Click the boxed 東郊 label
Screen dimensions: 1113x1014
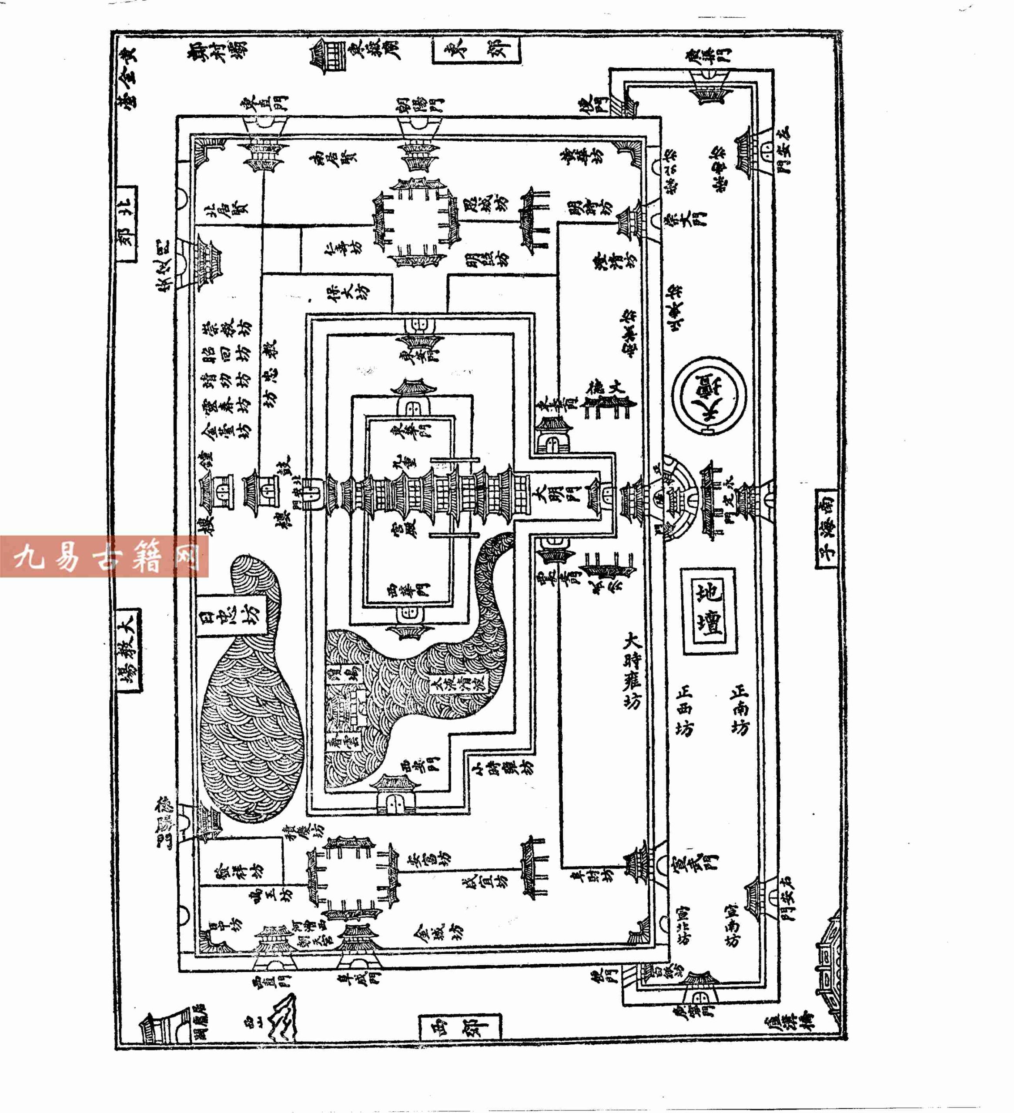(476, 50)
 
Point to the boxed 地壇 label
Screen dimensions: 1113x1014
(709, 611)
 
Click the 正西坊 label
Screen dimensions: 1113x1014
(684, 710)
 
